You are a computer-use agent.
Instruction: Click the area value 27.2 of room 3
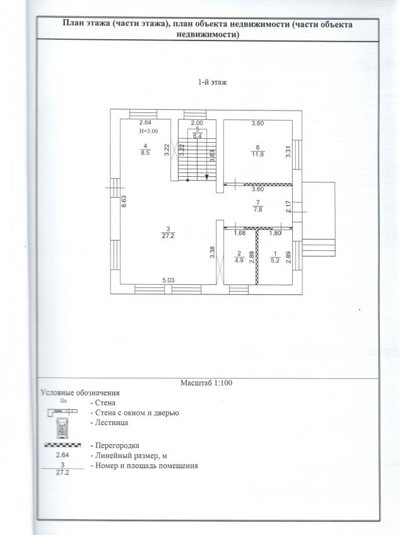pos(168,236)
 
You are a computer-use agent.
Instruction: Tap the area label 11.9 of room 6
pos(257,153)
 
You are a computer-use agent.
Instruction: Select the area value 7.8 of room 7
pos(257,209)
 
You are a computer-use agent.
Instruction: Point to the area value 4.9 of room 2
pos(239,259)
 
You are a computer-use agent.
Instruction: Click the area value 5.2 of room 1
pos(273,259)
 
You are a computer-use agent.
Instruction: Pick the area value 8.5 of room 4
pos(145,152)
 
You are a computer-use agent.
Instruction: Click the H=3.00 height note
pos(148,131)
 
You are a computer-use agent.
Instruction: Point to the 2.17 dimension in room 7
pos(288,206)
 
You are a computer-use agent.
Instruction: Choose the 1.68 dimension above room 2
pos(239,233)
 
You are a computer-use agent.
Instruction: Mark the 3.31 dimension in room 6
pos(288,152)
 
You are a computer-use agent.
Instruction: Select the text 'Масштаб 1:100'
pos(208,382)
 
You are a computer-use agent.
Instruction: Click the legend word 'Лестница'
pos(110,423)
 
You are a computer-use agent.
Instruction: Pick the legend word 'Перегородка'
pos(115,445)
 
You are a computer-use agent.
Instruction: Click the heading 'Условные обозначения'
pos(80,392)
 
